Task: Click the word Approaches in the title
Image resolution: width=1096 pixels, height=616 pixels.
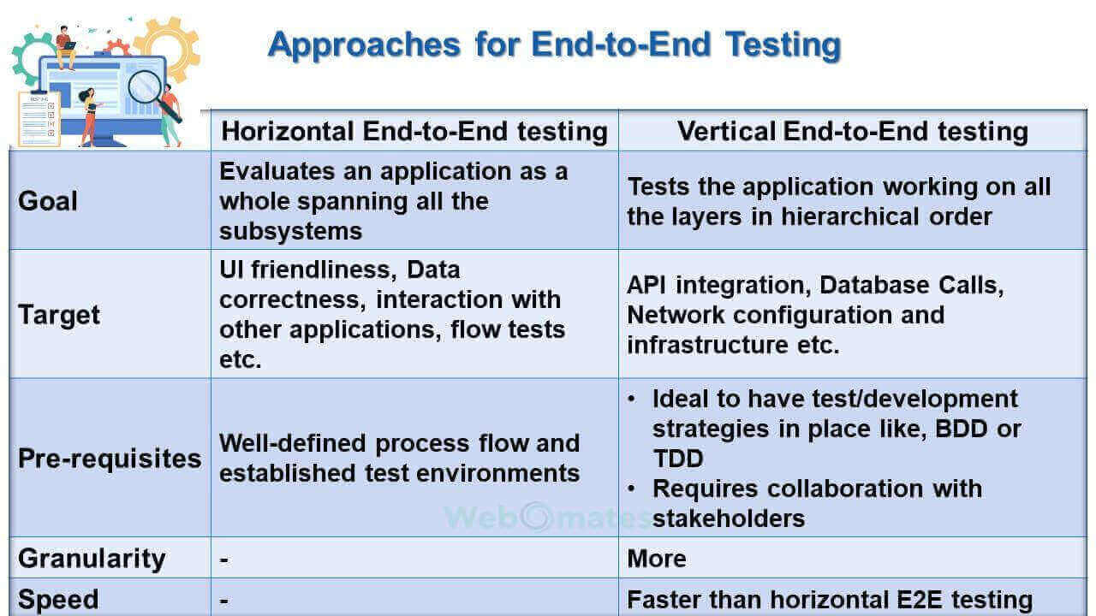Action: (x=364, y=45)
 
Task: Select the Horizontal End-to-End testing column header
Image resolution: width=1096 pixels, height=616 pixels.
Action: (x=414, y=132)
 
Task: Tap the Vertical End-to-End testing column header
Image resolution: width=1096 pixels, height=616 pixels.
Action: (x=852, y=132)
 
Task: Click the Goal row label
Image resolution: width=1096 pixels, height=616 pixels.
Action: (x=47, y=201)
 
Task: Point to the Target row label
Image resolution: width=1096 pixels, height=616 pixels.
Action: (x=59, y=315)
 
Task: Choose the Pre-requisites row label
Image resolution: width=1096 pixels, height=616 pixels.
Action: (x=110, y=459)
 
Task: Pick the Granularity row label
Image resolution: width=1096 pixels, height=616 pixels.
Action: (x=92, y=559)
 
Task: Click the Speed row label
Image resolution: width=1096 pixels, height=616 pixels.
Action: (x=58, y=600)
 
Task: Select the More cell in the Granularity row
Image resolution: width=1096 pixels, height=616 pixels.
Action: (x=656, y=559)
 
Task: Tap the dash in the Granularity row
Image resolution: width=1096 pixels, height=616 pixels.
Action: (x=224, y=560)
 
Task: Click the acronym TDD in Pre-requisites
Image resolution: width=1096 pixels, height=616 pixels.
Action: (x=678, y=459)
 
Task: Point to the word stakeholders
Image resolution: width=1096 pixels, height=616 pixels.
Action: (x=729, y=518)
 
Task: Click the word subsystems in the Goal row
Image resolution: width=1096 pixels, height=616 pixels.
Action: (x=290, y=231)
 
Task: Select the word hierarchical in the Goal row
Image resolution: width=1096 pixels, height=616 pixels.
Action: (x=850, y=216)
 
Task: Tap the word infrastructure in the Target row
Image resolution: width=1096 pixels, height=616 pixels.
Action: (x=707, y=345)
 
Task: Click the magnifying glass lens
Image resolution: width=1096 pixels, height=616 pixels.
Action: (x=145, y=87)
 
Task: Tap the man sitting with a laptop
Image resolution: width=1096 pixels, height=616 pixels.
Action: (x=66, y=47)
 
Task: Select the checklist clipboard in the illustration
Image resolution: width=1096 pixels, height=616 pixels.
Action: (x=39, y=119)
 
